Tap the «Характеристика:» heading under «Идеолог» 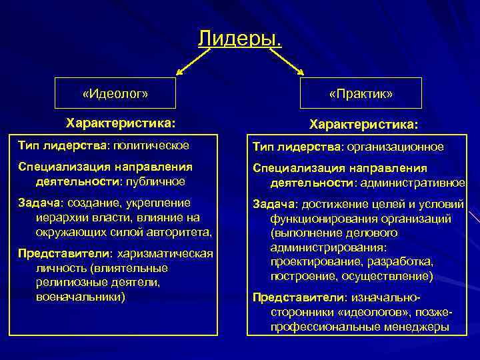click(121, 123)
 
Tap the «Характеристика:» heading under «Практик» click(364, 125)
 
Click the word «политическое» click(151, 145)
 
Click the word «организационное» click(395, 146)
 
